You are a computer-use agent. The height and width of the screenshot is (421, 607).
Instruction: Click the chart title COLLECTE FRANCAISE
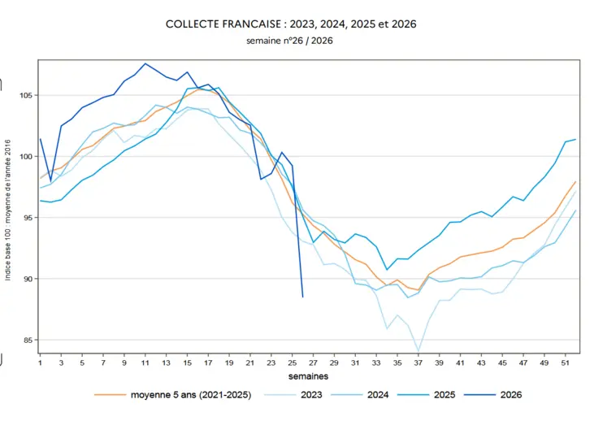coord(223,24)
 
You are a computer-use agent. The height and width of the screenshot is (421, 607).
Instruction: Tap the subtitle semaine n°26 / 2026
coord(289,41)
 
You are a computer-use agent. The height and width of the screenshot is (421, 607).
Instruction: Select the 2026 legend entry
coord(493,395)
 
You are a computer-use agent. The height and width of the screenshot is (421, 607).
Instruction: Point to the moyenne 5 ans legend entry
coord(172,395)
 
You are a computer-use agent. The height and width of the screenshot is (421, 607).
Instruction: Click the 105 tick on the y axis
coord(26,95)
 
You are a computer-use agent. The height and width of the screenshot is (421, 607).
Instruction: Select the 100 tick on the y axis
coord(26,157)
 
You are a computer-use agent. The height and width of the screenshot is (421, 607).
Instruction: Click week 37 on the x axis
coord(418,363)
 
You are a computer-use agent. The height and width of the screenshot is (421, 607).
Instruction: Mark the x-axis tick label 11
coord(145,363)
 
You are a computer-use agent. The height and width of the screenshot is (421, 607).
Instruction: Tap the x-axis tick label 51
coord(566,363)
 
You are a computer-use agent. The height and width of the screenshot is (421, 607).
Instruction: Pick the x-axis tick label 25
coord(293,363)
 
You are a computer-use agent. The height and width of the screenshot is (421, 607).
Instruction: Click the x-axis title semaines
coord(308,376)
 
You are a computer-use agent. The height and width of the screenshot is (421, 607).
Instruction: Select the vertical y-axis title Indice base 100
coord(8,210)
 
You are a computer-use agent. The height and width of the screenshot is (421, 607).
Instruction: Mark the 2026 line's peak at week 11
coord(145,63)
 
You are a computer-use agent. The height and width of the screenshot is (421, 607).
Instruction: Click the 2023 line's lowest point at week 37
coord(418,351)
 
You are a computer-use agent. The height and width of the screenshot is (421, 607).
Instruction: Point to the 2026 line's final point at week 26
coord(303,297)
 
